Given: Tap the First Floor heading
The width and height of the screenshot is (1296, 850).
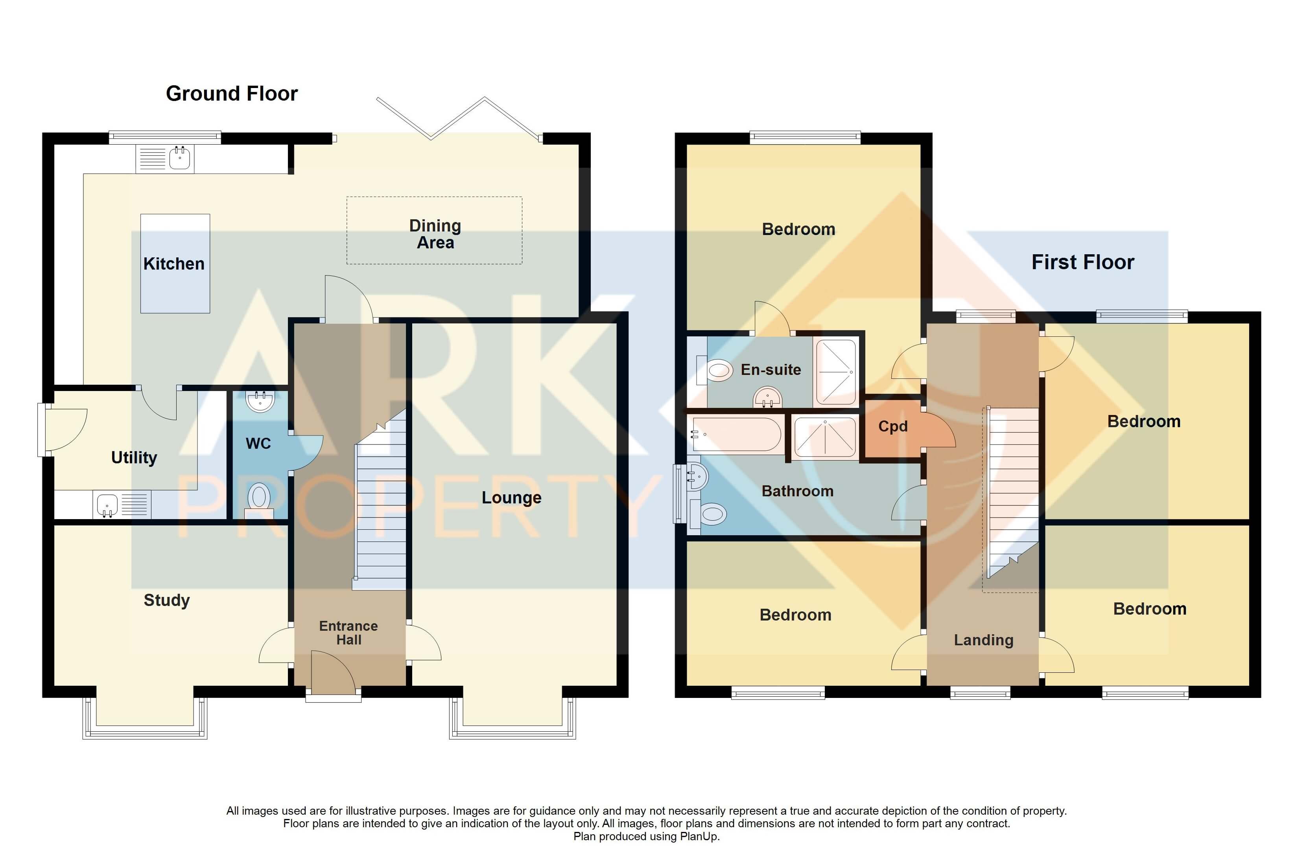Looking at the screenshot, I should [1082, 262].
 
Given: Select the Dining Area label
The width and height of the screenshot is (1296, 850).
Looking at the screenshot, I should [435, 233].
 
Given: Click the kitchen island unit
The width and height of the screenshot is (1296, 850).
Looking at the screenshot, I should [175, 263].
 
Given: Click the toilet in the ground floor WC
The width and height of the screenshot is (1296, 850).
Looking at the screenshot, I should [259, 498].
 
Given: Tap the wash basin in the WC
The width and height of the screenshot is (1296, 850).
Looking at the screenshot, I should [260, 401].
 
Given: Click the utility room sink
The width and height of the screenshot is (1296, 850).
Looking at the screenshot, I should [107, 505].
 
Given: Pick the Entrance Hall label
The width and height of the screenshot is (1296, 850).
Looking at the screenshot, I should [348, 632].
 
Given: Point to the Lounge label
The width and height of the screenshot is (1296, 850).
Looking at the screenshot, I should [511, 498].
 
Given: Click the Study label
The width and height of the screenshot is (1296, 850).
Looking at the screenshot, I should [167, 600].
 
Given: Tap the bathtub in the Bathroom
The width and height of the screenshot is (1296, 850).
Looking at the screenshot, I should [735, 434].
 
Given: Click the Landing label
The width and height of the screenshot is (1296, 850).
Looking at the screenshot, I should [983, 640].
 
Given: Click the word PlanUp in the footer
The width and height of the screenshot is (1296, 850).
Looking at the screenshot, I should [700, 836].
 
